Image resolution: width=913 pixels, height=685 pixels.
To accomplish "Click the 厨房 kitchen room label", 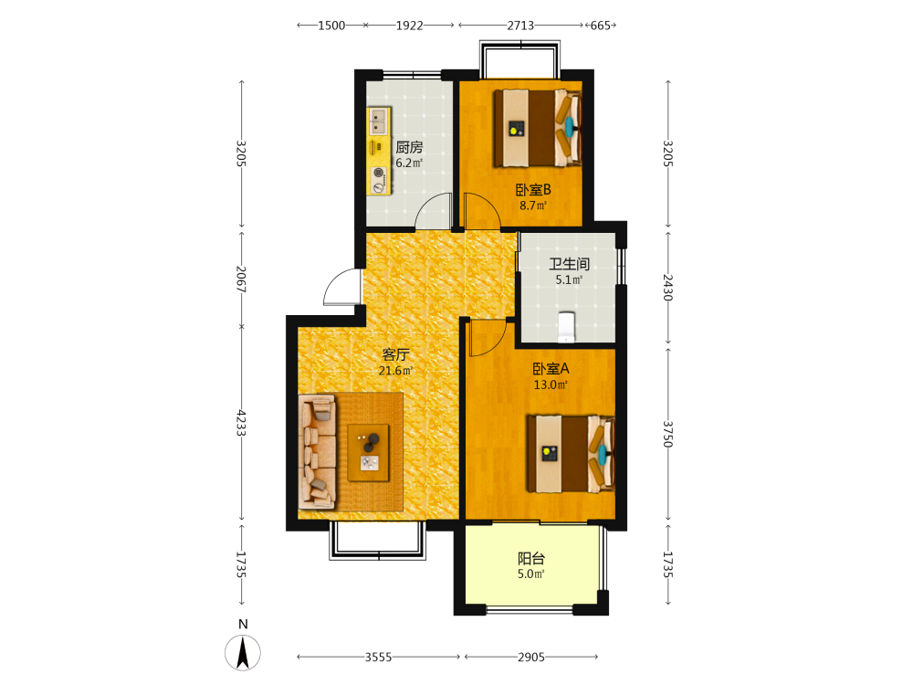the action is pos(409,147).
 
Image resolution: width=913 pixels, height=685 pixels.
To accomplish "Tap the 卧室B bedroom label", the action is pos(533,190).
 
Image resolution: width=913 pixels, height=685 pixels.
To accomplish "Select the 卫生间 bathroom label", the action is pos(569,264).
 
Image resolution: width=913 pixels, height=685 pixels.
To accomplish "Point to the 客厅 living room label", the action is pos(395,354).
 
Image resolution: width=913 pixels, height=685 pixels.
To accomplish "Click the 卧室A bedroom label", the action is pos(551,369).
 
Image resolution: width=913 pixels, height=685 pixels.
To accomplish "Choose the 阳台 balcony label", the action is pos(531,559).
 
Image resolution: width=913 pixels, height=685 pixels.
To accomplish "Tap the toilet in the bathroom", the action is pos(567,327).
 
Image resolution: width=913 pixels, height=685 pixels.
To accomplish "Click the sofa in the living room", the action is pos(318,451).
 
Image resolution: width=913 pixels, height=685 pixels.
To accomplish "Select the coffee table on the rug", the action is pos(368,453).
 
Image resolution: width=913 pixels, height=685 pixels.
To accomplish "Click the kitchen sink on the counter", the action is pos(379,121).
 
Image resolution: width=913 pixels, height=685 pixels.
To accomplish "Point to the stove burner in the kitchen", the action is pos(379,173).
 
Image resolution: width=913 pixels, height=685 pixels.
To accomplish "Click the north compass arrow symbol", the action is pos(243,652).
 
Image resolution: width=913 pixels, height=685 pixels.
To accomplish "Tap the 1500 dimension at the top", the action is pos(331,26).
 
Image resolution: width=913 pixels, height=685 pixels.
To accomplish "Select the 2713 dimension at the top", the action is pos(520,26).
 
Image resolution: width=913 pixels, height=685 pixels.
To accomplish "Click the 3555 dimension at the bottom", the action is pos(378,657).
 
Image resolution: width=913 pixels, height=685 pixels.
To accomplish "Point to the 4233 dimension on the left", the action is pos(242,423).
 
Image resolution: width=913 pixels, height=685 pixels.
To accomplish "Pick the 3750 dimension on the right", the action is pos(668,434).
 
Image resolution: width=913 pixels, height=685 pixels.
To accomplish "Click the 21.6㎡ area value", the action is pos(396,371).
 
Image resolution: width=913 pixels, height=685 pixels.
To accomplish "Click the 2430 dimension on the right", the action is pos(668,287).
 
